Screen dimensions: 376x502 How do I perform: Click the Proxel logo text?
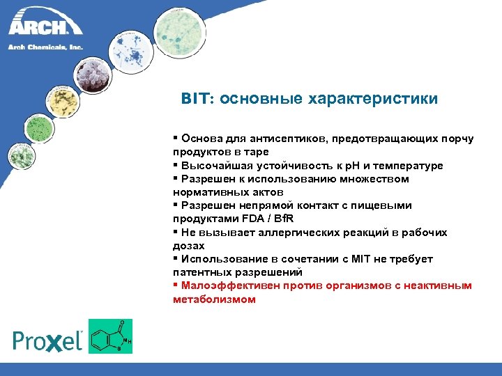[x=48, y=340]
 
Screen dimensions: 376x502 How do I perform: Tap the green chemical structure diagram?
[x=110, y=336]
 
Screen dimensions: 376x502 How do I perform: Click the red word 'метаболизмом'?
[x=214, y=299]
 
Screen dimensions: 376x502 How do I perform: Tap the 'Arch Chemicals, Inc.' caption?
[x=46, y=47]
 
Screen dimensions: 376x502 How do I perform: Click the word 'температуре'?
[x=411, y=166]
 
